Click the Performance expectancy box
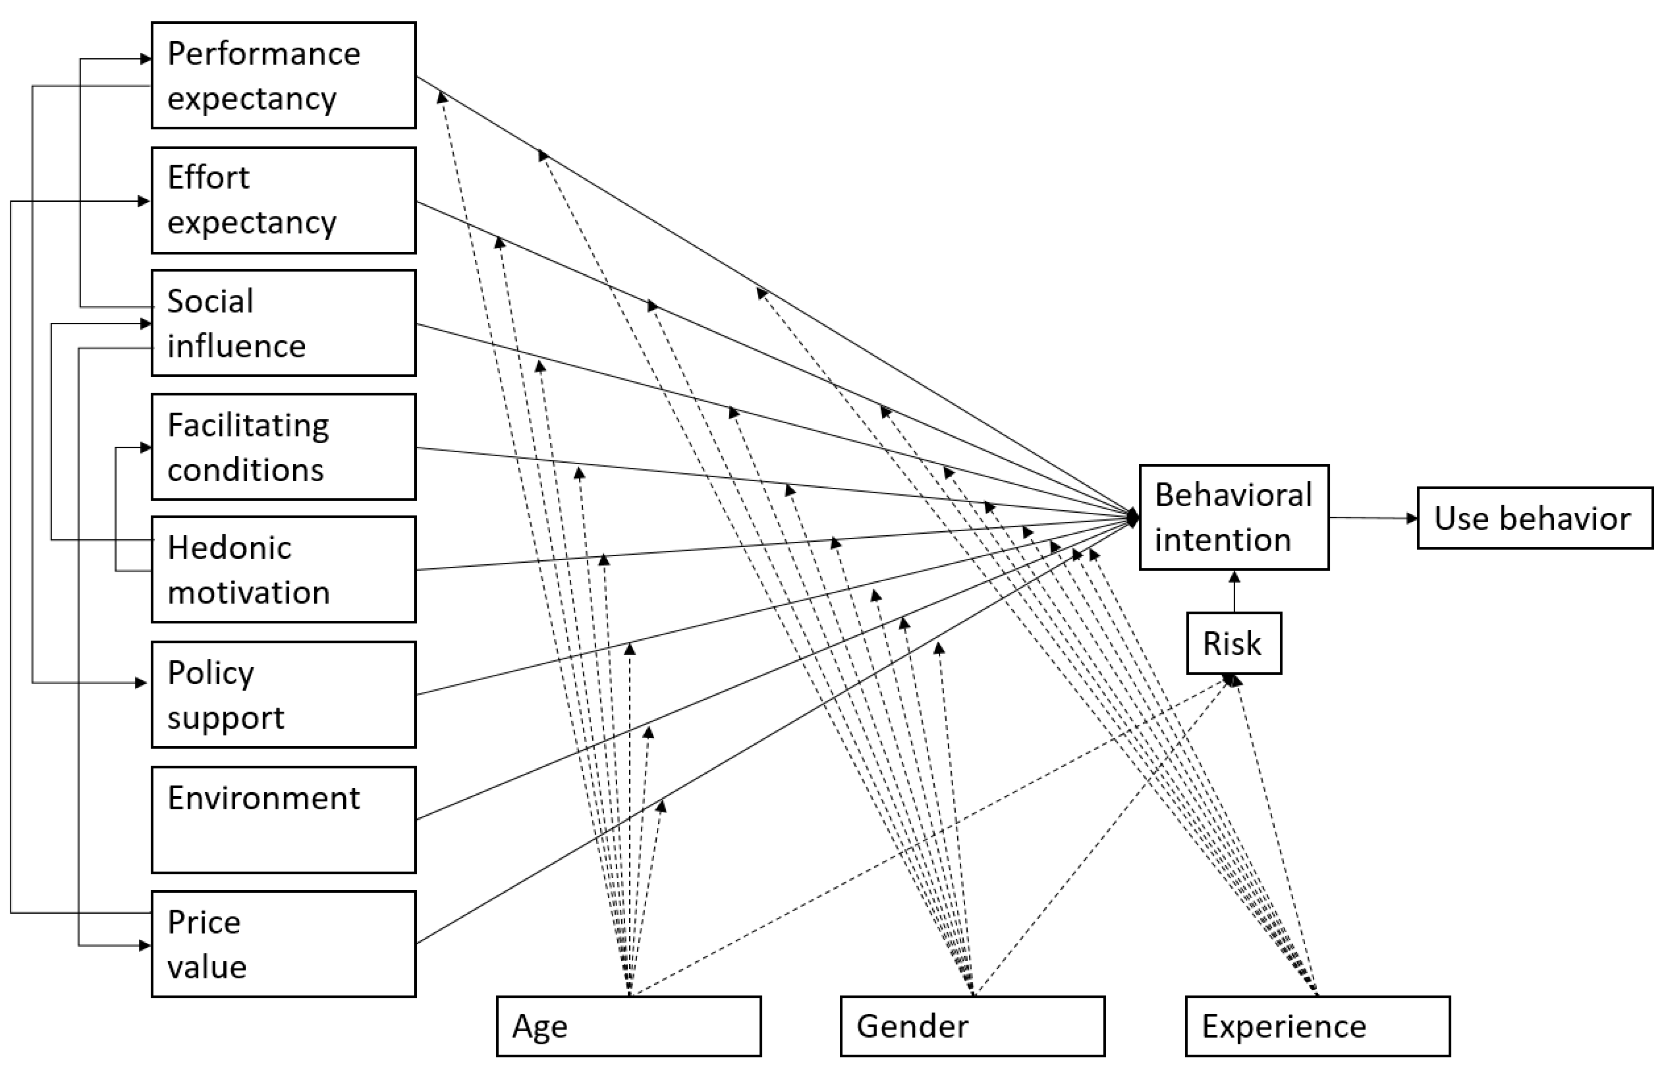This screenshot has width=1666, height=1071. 284,75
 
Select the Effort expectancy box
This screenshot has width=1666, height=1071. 284,200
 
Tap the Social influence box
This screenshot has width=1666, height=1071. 284,324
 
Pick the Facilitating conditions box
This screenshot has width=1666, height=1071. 284,447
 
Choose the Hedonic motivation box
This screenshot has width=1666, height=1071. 284,570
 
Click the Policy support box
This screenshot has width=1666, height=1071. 284,695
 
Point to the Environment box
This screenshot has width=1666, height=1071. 284,820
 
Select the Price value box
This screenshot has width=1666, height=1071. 284,944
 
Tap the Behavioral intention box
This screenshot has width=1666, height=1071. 1234,518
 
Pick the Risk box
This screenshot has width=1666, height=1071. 1234,643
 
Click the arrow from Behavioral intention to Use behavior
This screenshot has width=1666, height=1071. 1373,518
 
